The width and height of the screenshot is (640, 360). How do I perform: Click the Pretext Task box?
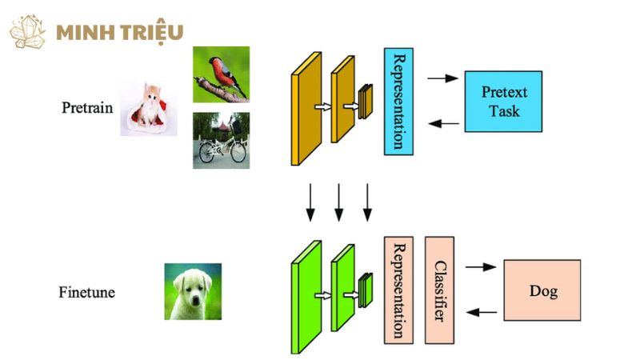coord(503,102)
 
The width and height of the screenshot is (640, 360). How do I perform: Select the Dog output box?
coord(542,290)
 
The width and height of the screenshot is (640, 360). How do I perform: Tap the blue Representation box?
coord(398,101)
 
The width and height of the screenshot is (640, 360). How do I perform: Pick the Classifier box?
coord(439,290)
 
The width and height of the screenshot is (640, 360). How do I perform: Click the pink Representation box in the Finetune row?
coord(398,290)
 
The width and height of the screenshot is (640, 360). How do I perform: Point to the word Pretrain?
coord(87,107)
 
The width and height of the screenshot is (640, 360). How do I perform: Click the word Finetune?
coord(86,293)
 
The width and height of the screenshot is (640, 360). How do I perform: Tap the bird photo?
coord(221,74)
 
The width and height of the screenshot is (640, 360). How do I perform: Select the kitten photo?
coord(149,109)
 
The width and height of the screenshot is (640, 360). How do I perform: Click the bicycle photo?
coord(221,140)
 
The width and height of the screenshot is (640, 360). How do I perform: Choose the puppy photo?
coord(193,292)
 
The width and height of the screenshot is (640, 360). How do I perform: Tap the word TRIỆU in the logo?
coord(152,33)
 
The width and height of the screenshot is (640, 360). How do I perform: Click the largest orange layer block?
coord(306,109)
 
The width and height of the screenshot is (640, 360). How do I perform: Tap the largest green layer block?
coord(306,297)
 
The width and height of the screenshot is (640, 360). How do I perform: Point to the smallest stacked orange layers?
coord(366,102)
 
